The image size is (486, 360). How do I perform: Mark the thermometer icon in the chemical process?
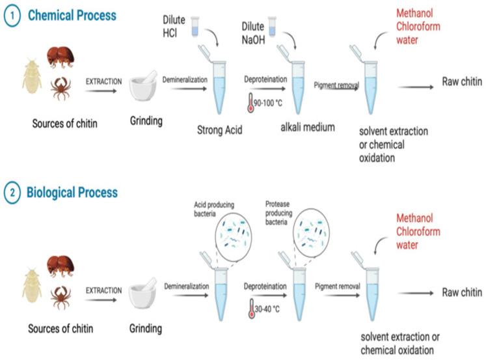coord(249,101)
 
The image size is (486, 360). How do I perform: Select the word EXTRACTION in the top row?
coord(104,81)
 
